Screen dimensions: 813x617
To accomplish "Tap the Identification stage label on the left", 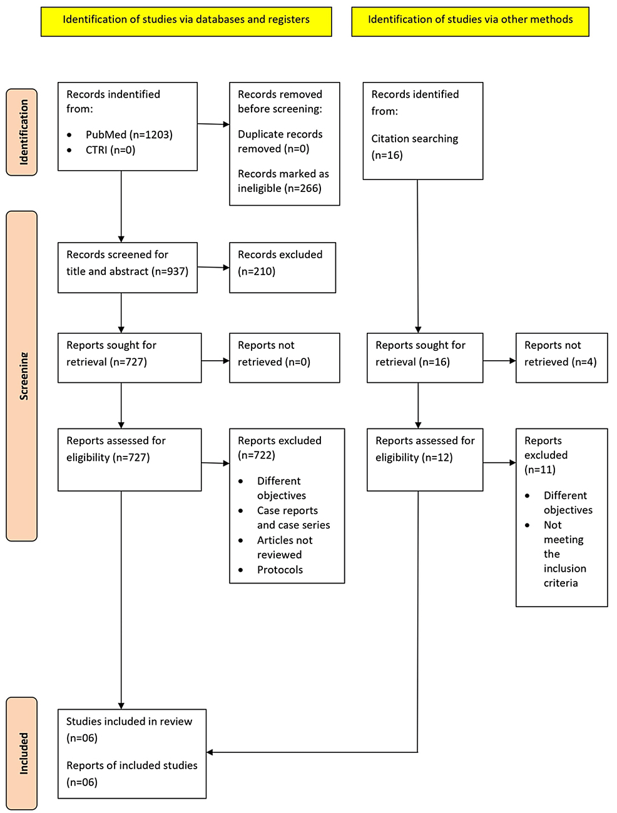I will pos(23,132).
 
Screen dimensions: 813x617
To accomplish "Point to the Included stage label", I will pos(23,753).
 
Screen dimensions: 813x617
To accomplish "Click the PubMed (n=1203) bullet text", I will pos(129,134).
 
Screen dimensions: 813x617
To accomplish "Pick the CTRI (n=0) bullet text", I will pos(110,150).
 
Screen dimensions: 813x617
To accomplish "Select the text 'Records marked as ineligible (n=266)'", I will pos(283,181).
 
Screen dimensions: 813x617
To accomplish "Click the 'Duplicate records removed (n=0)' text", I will pos(280,141).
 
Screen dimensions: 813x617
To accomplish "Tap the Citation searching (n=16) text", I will pos(414,146).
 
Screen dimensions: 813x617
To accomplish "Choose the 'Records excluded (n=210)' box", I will pos(282,267).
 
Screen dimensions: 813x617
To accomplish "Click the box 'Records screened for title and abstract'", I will pos(127,267).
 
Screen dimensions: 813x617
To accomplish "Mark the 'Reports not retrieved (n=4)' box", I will pos(561,357).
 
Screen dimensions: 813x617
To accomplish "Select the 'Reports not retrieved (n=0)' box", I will pos(284,357).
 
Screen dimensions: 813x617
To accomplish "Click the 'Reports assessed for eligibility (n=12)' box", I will pos(424,459).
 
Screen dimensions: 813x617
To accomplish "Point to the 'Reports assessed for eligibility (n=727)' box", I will pos(129,459).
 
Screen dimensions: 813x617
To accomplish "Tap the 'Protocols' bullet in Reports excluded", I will pos(280,570).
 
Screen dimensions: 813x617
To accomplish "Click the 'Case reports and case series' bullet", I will pos(293,518).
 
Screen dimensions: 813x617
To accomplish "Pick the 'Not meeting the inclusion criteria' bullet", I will pos(564,553).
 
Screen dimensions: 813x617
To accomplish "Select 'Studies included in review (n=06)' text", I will pos(129,729).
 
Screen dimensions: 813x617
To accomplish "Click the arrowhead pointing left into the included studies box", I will pos(210,752).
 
